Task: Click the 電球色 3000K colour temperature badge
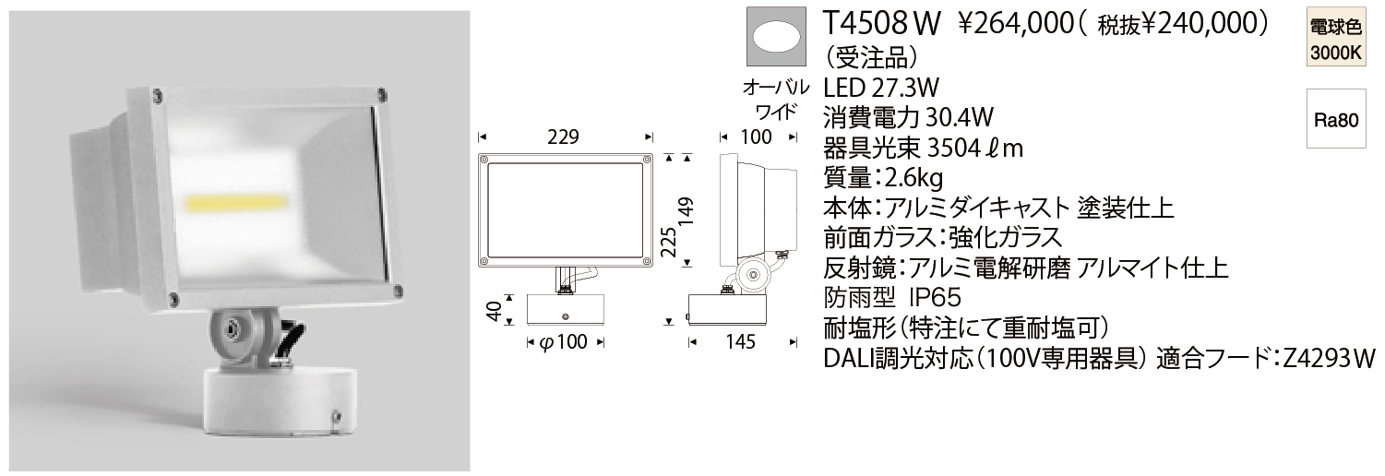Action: coord(1336,40)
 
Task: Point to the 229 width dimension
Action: coord(563,137)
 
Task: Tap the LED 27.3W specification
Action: coord(880,88)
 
